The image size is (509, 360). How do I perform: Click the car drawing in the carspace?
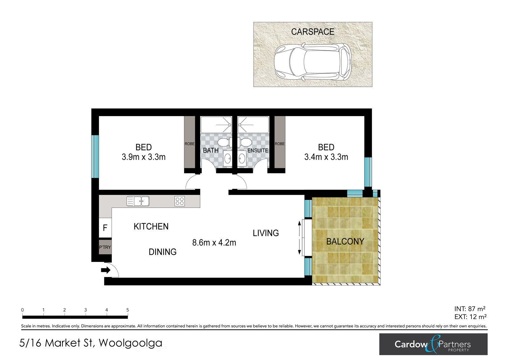tap(312, 62)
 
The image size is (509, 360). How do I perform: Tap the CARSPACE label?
tap(313, 32)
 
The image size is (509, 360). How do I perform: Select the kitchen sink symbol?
tap(138, 201)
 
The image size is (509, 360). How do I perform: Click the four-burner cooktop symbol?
tap(179, 201)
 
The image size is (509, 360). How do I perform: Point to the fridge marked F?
tap(105, 228)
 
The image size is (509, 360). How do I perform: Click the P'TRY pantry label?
tap(105, 247)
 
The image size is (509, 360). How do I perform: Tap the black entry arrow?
tap(106, 270)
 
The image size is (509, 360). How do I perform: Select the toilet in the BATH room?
tap(225, 143)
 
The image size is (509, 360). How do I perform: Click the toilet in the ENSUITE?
tap(245, 143)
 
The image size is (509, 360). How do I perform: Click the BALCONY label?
tap(345, 242)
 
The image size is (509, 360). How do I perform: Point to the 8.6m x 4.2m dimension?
tap(214, 243)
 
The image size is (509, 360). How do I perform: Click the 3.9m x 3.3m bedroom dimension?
tap(143, 157)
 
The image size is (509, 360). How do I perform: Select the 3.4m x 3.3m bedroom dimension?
tap(326, 157)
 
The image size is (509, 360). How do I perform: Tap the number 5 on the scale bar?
tap(128, 310)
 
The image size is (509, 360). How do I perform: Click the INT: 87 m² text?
tap(470, 309)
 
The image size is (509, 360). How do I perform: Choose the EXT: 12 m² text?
tap(471, 317)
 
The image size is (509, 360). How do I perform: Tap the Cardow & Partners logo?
tap(433, 344)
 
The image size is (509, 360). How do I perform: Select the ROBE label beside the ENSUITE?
tap(280, 144)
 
